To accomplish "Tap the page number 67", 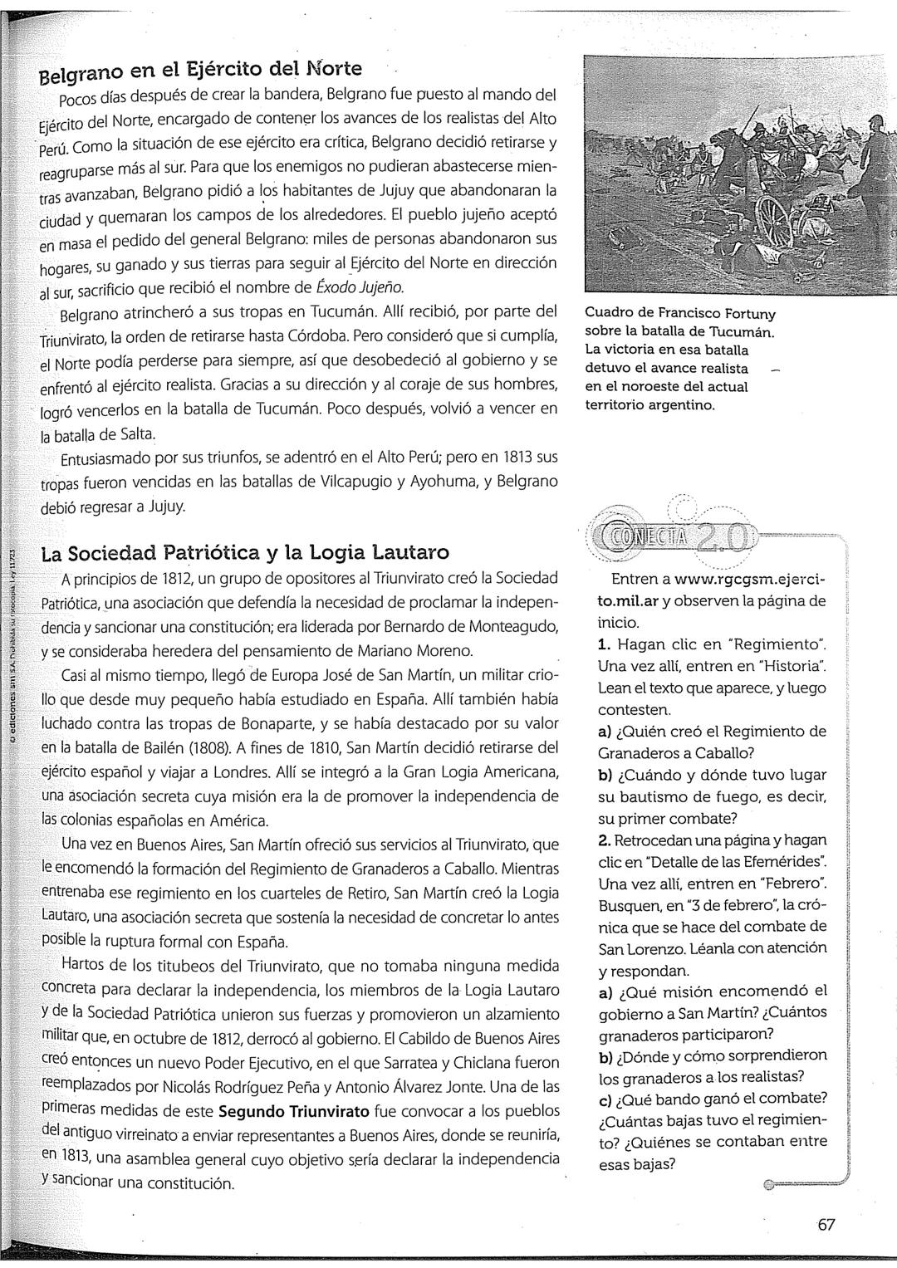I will tap(826, 1224).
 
